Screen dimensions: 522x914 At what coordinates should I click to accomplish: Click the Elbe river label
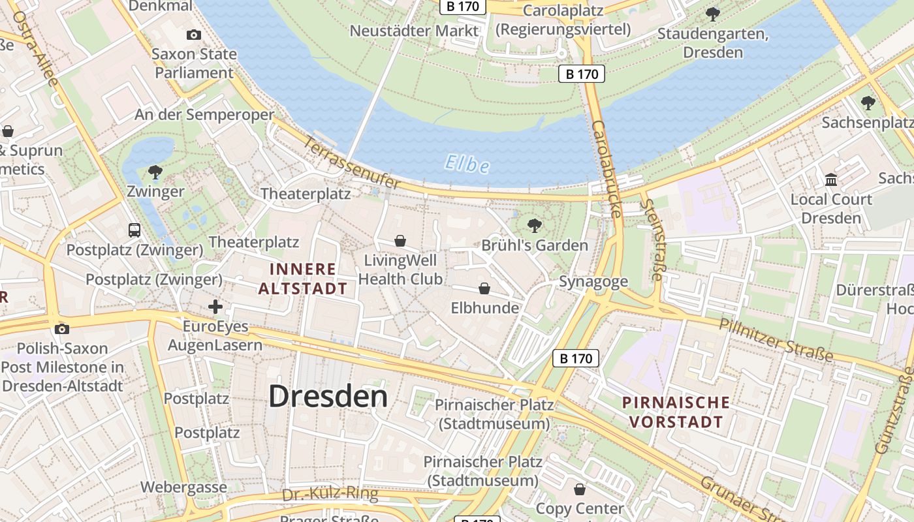coord(467,163)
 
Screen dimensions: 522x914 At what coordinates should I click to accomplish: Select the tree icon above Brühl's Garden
coord(534,226)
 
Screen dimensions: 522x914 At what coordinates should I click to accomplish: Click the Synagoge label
coord(593,282)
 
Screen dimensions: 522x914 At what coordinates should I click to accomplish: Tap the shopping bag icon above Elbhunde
coord(484,288)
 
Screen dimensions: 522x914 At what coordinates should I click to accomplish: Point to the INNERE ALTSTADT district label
coord(303,279)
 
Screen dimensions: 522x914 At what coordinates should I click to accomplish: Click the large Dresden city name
coord(328,396)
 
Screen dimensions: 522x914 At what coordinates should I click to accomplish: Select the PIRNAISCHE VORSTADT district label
coord(676,412)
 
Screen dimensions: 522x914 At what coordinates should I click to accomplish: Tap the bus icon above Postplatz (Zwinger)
coord(134,230)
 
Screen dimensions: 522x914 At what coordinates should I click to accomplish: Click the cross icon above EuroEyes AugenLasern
coord(215,306)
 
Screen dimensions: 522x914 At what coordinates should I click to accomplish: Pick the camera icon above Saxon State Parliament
coord(193,35)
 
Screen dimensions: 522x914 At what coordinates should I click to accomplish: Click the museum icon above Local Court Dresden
coord(831,179)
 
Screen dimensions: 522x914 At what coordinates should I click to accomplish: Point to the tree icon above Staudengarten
coord(713,13)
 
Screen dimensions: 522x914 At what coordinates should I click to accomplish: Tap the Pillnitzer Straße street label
coord(776,339)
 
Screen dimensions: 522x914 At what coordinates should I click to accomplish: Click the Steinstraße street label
coord(652,239)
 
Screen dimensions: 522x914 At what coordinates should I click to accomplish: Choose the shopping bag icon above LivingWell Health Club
coord(400,241)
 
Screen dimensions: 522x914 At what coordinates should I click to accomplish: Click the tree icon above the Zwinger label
coord(155,172)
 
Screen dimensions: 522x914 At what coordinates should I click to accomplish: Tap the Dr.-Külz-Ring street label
coord(330,495)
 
